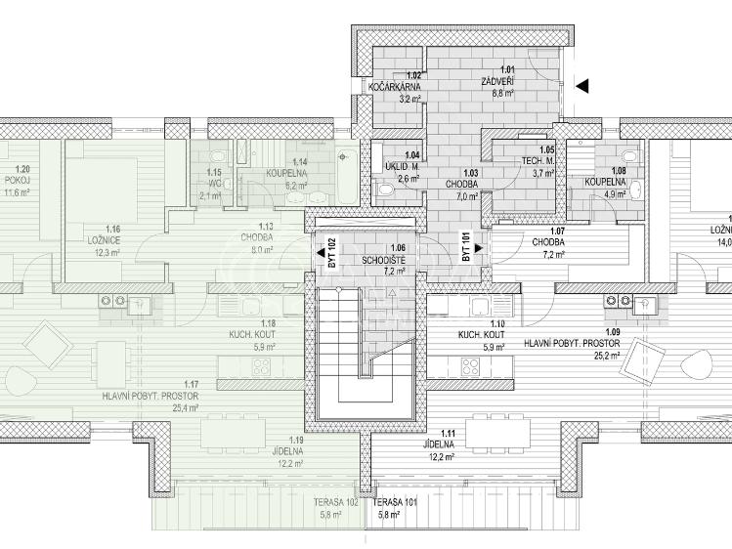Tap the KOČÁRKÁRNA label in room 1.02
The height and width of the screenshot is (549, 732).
point(394,87)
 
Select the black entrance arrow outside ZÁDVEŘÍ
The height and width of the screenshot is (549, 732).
point(582,86)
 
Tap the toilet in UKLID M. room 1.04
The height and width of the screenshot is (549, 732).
point(380,190)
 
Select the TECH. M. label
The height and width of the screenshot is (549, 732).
point(538,160)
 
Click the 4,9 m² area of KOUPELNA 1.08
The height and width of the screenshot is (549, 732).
point(613,194)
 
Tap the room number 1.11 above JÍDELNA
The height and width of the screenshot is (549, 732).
point(448,433)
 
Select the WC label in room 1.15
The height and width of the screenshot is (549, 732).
point(210,183)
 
